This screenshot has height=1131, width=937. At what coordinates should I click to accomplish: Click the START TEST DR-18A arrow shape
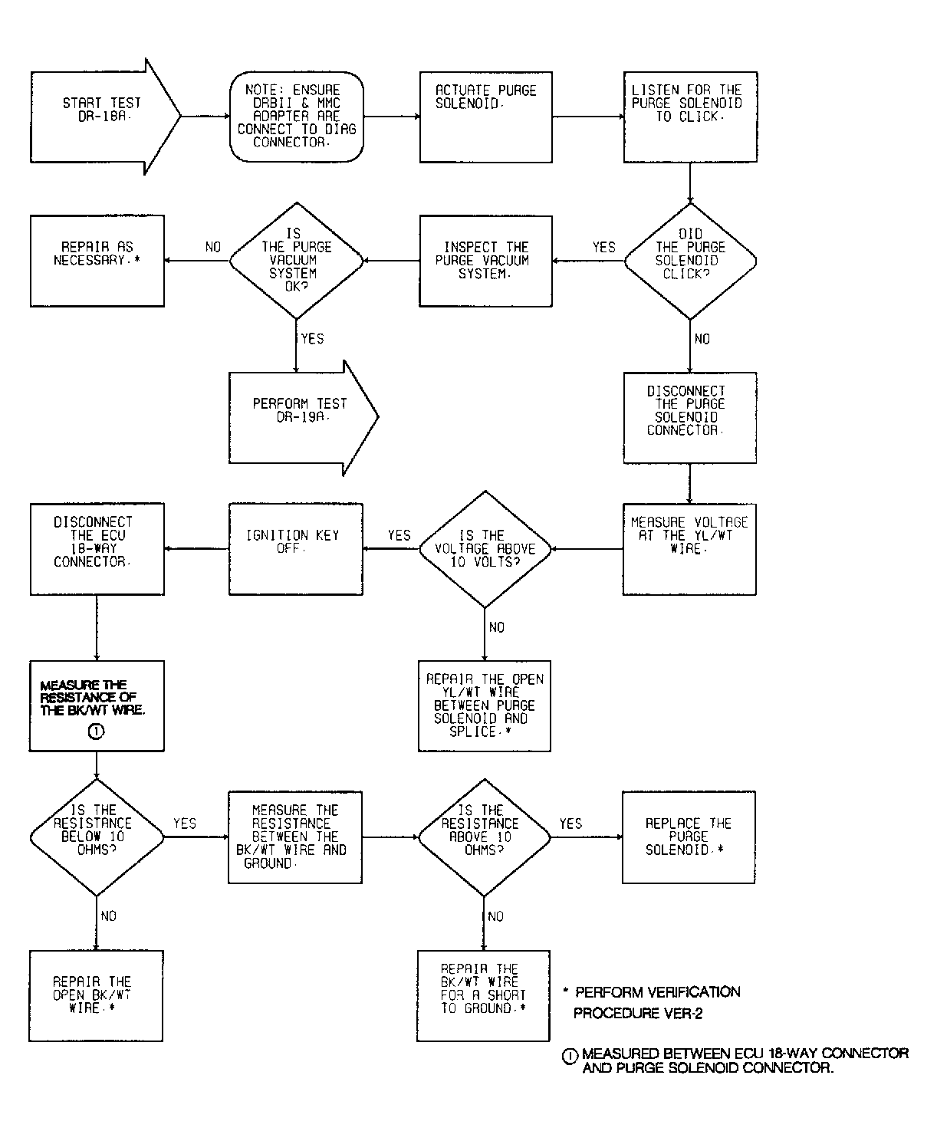[x=104, y=117]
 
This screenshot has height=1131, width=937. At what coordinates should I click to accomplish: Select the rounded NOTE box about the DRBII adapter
[x=296, y=117]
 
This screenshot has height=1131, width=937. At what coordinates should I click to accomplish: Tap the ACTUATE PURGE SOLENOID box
[x=485, y=117]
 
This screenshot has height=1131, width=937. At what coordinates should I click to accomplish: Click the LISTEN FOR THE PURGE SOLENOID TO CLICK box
[x=689, y=117]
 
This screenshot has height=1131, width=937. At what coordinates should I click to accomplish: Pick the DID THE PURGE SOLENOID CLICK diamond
[x=690, y=261]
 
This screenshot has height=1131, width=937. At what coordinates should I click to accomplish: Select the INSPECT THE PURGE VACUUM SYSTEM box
[x=485, y=261]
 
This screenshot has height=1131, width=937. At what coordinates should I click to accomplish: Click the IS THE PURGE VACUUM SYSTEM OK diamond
[x=296, y=261]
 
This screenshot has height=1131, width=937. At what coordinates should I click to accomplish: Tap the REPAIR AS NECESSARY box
[x=97, y=261]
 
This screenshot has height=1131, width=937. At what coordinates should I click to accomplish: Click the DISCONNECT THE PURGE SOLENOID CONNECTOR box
[x=689, y=417]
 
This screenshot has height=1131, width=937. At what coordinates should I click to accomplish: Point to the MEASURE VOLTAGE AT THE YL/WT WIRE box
[x=689, y=548]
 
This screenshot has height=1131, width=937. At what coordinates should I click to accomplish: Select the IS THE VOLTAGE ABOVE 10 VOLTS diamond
[x=485, y=548]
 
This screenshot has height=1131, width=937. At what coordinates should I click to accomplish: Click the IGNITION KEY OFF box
[x=296, y=548]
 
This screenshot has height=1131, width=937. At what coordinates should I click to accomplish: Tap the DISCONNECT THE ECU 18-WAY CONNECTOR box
[x=97, y=548]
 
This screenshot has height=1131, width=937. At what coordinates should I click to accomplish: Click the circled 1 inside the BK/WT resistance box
[x=97, y=732]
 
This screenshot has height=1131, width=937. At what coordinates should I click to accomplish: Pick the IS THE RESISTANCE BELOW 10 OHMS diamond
[x=97, y=837]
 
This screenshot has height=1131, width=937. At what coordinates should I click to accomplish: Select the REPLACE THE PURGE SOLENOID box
[x=689, y=837]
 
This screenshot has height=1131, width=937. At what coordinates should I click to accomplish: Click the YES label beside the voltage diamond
[x=399, y=535]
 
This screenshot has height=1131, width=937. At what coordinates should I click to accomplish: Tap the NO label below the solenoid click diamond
[x=702, y=339]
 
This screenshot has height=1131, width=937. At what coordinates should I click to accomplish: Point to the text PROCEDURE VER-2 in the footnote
[x=638, y=1014]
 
